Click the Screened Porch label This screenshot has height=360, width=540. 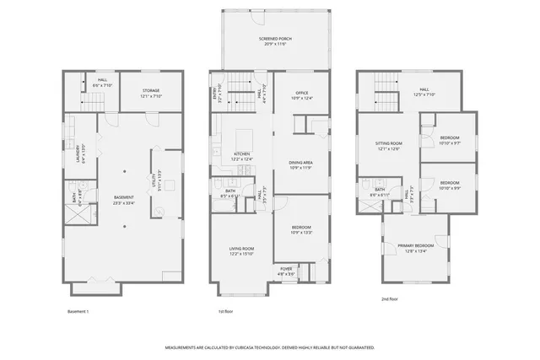pyautogui.click(x=272, y=41)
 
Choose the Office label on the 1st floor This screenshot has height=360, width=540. pyautogui.click(x=301, y=95)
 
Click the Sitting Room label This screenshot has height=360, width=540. pyautogui.click(x=389, y=147)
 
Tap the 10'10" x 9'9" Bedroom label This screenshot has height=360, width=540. pyautogui.click(x=450, y=185)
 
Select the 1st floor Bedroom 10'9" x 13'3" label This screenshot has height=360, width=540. pyautogui.click(x=301, y=230)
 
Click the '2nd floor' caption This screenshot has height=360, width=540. pyautogui.click(x=389, y=298)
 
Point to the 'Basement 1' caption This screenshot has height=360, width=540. pyautogui.click(x=78, y=311)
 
